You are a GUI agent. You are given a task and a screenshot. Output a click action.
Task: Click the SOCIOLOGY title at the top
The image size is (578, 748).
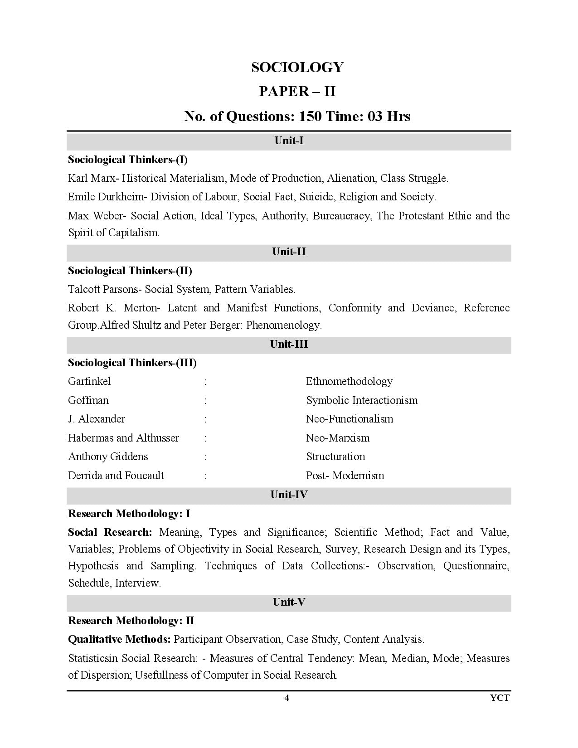tap(297, 67)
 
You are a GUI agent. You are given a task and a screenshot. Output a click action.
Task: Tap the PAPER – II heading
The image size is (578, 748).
tap(297, 92)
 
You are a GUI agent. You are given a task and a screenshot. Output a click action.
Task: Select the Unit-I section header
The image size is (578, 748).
tap(289, 141)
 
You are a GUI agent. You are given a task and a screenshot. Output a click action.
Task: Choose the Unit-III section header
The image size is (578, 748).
tap(289, 344)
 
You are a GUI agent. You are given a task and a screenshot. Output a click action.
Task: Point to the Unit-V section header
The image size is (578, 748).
tap(289, 602)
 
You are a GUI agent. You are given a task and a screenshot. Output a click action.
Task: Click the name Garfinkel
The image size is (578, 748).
tap(89, 381)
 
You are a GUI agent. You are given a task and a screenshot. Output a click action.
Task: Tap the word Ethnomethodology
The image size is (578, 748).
tap(349, 381)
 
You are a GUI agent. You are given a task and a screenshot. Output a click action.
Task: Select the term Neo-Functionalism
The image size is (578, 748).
tap(350, 419)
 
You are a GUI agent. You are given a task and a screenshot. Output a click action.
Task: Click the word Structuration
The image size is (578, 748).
tap(335, 457)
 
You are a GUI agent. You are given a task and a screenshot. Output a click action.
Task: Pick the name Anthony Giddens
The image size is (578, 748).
tap(108, 457)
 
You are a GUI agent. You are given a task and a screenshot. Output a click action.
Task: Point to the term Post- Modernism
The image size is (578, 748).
tap(345, 476)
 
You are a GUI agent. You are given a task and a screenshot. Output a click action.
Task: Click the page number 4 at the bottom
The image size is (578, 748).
tap(287, 698)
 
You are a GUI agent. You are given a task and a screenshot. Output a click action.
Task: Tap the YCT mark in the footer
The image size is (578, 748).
tap(500, 698)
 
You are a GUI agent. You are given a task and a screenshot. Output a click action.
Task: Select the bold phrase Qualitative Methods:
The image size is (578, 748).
tap(119, 639)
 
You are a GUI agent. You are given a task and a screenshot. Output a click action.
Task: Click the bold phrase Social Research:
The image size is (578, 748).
tap(110, 532)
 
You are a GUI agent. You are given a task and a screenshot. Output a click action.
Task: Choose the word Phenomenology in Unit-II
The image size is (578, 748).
tap(284, 325)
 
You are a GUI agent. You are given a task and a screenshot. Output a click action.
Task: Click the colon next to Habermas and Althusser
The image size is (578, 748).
tap(205, 438)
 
